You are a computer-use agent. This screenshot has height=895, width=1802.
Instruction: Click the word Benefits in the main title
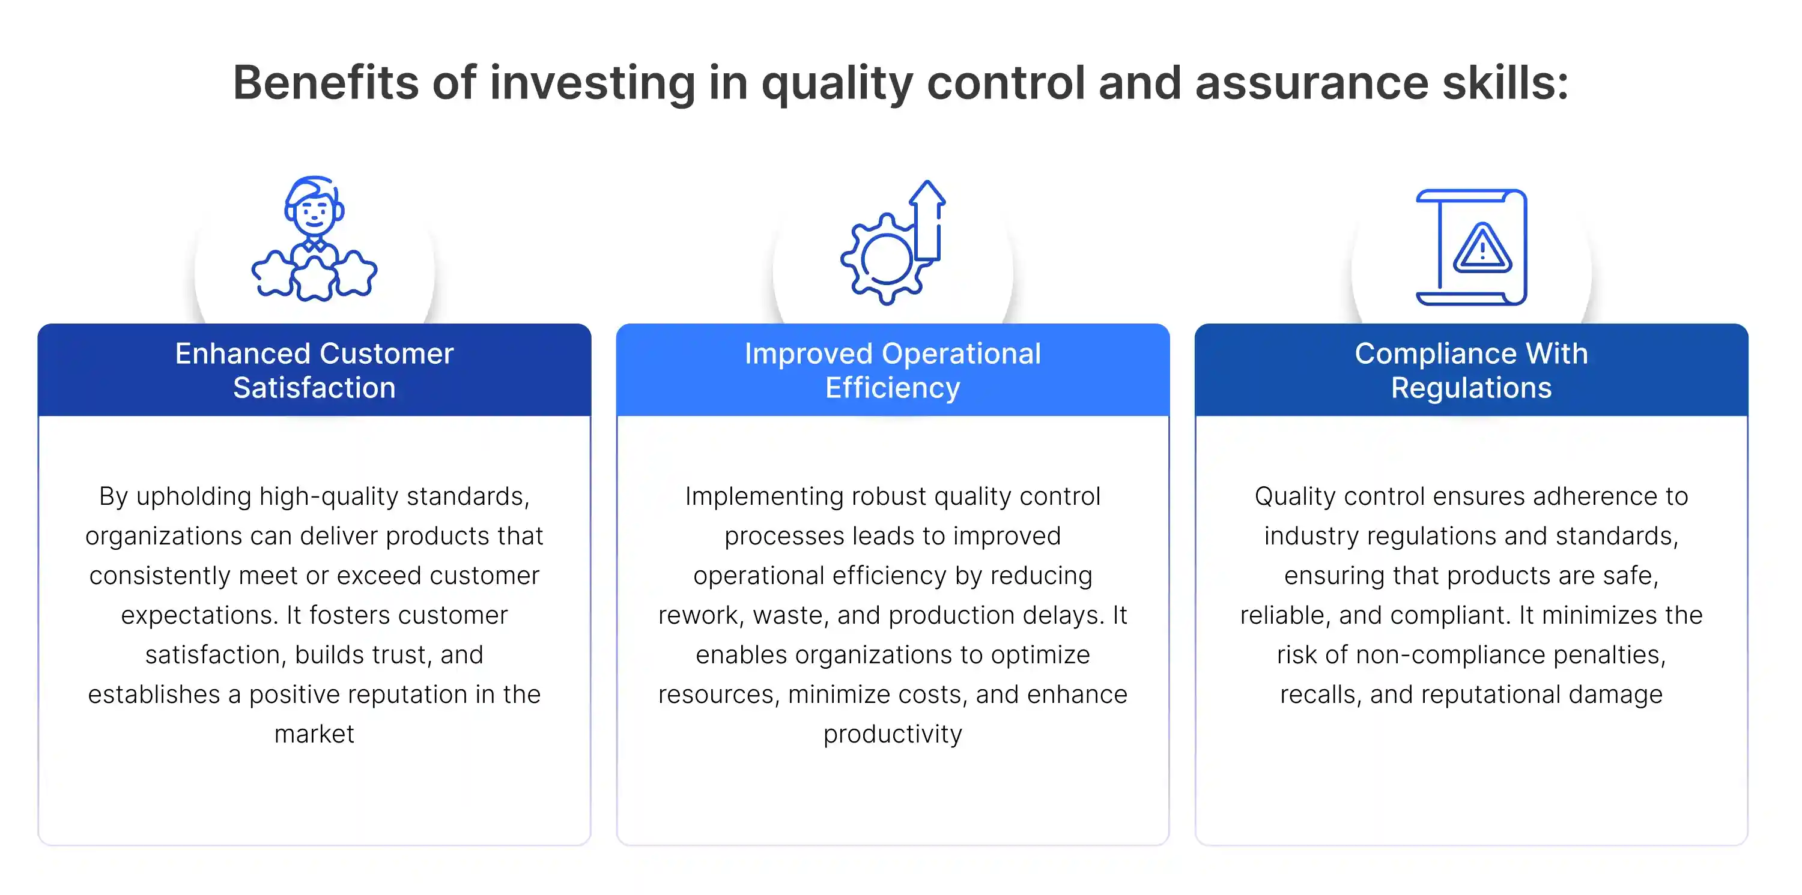tap(326, 82)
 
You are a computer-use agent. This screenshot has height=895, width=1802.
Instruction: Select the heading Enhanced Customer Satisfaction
tap(314, 370)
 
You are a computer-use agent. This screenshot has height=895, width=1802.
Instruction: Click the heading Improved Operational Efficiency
tap(893, 370)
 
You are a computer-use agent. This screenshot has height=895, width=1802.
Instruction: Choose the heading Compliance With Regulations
tap(1471, 370)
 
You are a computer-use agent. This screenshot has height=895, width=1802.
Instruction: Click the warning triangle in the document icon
tap(1482, 249)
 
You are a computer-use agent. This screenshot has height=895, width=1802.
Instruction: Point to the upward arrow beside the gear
tap(928, 220)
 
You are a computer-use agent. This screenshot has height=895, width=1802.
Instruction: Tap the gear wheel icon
tap(884, 259)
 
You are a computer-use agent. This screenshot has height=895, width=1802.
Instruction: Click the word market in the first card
tap(314, 734)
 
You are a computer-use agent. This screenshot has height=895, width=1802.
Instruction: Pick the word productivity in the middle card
tap(893, 734)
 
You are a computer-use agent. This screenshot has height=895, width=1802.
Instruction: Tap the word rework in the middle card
tap(701, 616)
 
